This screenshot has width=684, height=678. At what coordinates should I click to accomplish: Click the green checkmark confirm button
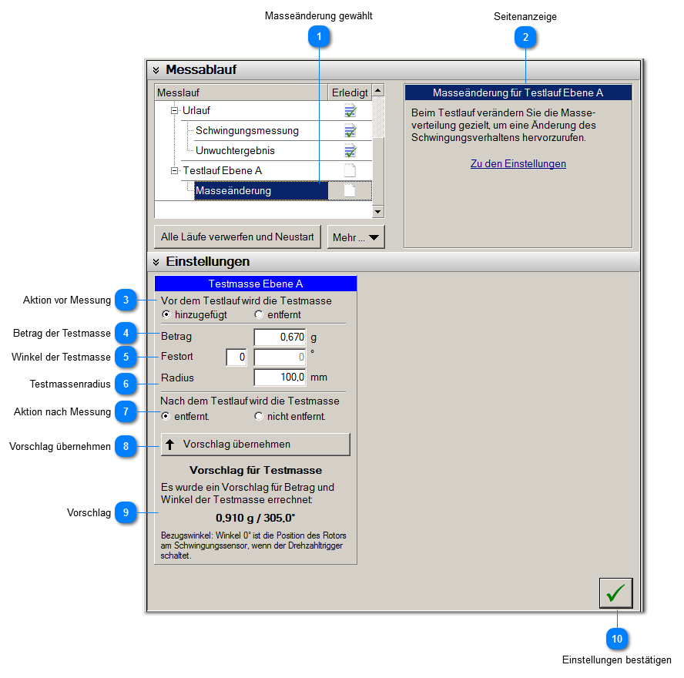615,593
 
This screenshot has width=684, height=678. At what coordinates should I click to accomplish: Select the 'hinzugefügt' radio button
166,315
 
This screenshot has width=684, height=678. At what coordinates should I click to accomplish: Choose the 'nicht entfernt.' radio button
259,417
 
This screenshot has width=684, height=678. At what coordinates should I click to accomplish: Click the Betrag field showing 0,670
280,337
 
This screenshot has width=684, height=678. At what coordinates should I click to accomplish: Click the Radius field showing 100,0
280,378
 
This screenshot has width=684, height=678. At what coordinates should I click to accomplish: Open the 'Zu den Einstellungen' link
518,164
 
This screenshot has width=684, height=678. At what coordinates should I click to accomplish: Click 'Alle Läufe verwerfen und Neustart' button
237,237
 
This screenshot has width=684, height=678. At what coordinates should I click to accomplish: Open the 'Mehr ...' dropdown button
356,237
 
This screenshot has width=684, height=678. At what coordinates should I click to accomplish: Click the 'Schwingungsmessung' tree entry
246,130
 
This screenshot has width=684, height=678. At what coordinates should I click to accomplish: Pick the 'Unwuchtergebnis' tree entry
235,150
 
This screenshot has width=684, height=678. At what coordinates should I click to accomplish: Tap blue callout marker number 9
126,512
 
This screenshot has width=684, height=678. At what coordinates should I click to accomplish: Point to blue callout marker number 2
525,36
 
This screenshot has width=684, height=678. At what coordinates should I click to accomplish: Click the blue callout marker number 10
616,639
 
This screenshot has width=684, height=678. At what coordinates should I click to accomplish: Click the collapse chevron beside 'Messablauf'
156,71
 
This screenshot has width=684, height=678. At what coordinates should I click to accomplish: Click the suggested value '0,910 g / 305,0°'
255,518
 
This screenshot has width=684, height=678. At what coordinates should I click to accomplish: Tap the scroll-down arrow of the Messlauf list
377,211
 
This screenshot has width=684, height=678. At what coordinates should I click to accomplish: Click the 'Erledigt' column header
350,92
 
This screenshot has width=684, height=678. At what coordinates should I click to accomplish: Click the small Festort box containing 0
236,357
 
